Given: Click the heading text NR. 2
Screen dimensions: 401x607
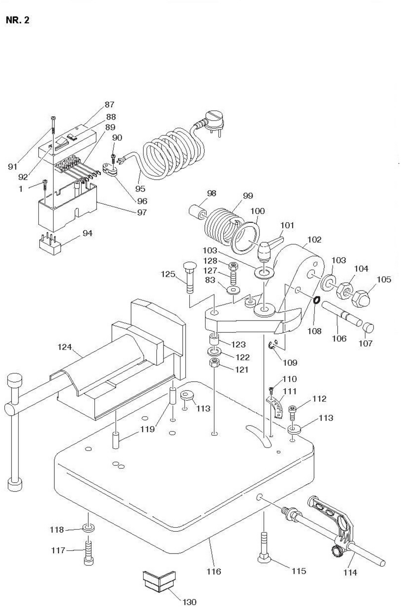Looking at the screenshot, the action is pos(17,20).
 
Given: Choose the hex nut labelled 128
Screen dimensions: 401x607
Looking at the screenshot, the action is pos(234,267).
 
